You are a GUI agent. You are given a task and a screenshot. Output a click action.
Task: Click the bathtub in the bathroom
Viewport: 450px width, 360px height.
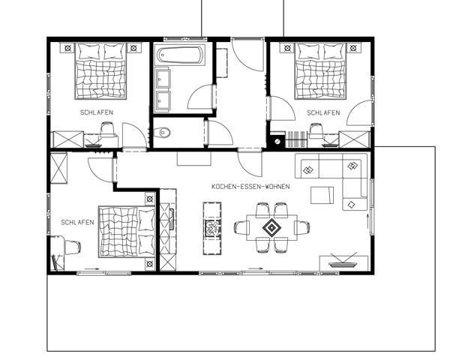point(181,55)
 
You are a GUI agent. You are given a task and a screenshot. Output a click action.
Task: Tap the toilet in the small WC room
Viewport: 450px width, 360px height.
point(162,133)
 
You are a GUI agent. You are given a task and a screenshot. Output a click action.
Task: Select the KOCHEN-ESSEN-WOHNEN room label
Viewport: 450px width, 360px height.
point(250,187)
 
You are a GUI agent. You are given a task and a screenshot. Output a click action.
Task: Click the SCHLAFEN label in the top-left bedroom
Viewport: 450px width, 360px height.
point(97,112)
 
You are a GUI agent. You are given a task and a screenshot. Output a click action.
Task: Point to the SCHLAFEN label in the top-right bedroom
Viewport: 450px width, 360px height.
point(323,112)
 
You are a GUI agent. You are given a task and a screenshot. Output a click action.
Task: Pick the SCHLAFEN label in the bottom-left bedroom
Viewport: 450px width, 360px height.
point(77,222)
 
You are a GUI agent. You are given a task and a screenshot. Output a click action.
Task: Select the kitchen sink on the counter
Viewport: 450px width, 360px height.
point(171,219)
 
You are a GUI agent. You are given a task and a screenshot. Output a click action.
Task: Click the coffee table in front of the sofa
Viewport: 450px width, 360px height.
point(322,195)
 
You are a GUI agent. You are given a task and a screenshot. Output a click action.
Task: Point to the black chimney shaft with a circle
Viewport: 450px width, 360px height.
point(277,141)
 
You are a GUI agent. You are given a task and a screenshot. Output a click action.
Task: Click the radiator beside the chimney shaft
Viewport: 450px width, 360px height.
point(296,139)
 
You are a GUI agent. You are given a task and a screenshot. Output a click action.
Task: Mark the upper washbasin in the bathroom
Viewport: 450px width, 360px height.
point(163,78)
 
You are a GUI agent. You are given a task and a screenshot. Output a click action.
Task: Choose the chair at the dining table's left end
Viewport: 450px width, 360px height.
point(241,228)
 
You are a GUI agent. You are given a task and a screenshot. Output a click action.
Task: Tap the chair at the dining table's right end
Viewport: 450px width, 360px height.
point(302,227)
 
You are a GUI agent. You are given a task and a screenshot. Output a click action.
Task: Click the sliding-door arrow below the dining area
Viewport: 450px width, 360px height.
point(256,268)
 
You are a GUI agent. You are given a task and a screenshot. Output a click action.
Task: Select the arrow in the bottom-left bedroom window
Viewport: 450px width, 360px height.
point(91,268)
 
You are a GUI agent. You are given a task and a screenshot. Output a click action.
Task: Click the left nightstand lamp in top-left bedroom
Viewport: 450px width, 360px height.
point(67,48)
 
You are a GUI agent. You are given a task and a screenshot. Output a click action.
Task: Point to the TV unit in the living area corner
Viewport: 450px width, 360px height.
point(343,262)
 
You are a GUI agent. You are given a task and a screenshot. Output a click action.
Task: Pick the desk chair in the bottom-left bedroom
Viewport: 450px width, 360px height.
point(73,247)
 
